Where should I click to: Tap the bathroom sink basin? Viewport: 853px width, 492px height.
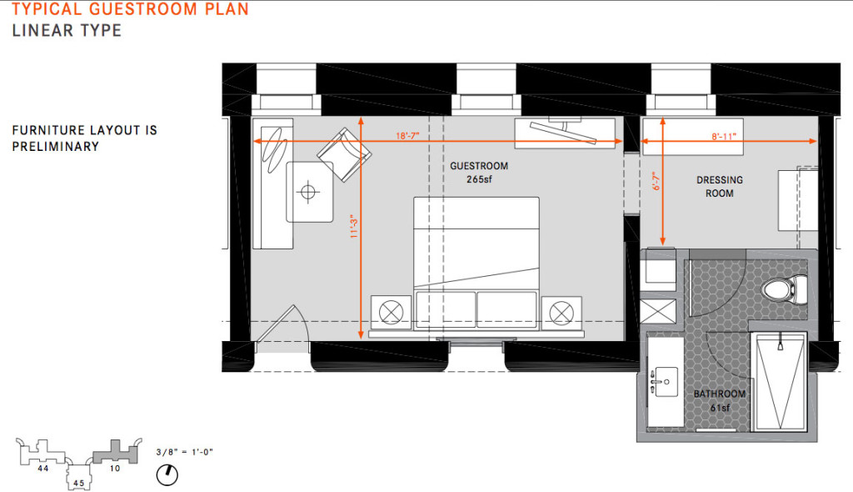click(x=667, y=381)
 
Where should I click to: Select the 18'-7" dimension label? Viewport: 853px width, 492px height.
click(x=407, y=136)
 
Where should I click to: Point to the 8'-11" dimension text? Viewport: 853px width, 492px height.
click(x=724, y=136)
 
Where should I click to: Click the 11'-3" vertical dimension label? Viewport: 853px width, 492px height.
click(x=354, y=227)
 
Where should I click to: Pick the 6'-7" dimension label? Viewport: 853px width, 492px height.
click(x=656, y=181)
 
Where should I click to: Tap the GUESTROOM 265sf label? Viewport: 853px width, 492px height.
click(x=479, y=172)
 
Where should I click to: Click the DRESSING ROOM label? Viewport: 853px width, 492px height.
click(x=720, y=186)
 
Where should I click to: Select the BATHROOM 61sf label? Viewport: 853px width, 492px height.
click(x=719, y=400)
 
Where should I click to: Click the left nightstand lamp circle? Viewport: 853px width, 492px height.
click(x=391, y=313)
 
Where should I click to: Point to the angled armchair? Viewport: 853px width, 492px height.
click(x=344, y=155)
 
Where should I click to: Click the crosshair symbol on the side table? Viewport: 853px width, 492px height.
click(x=308, y=192)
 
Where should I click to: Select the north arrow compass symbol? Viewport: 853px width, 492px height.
click(x=167, y=474)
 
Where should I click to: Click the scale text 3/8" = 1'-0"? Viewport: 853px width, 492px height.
click(x=184, y=452)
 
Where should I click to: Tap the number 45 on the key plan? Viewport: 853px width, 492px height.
click(x=79, y=483)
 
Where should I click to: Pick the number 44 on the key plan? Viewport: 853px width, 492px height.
click(x=43, y=468)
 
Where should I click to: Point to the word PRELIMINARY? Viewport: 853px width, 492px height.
click(x=56, y=147)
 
